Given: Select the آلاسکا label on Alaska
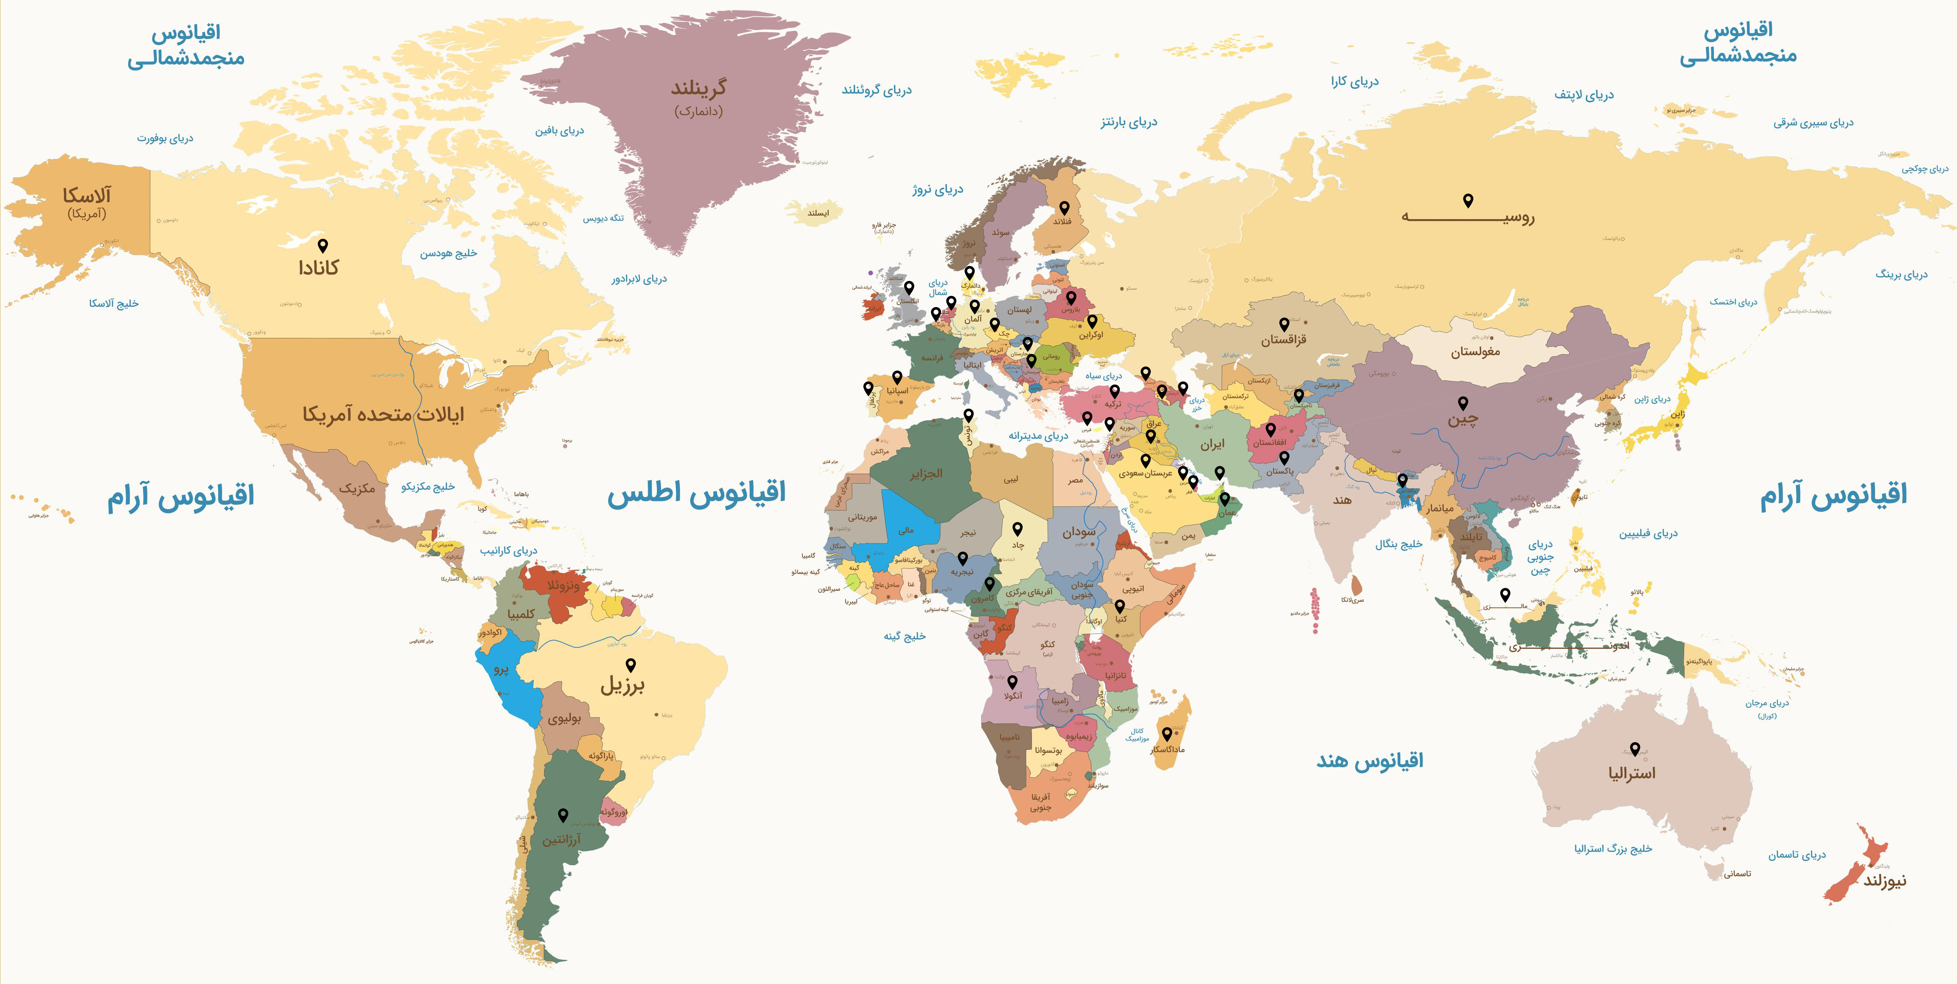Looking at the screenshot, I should click(x=87, y=196).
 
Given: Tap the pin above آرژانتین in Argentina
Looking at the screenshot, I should click(x=563, y=815).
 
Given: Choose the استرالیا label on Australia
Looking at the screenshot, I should click(x=1631, y=773).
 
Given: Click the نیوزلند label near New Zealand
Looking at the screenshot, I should click(x=1884, y=881).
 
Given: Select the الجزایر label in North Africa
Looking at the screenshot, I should click(x=926, y=474).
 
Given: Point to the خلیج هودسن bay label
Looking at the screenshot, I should click(x=448, y=254).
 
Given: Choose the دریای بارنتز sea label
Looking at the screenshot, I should click(x=1129, y=122).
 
